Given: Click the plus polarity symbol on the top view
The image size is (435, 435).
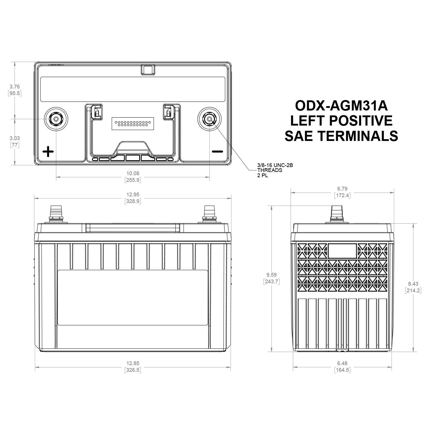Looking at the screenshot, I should click(48, 152).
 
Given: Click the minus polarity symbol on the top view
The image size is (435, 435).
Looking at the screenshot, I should click(217, 151).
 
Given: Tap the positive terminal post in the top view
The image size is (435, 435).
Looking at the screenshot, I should click(56, 119).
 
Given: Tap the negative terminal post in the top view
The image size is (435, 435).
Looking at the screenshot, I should click(209, 119).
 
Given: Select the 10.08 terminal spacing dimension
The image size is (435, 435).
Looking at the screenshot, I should click(133, 173).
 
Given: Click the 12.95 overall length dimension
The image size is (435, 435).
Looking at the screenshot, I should click(133, 195).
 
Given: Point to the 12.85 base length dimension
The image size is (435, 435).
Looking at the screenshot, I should click(133, 363).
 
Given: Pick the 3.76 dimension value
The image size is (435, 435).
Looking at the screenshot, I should click(14, 86).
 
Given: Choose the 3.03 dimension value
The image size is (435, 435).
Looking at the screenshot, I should click(14, 138).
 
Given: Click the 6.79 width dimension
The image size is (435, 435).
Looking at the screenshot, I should click(342, 189).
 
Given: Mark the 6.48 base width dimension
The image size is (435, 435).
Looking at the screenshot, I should click(342, 363).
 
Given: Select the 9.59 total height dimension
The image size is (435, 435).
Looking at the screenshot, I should click(271, 275).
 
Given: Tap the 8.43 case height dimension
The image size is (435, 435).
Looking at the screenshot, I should click(413, 284).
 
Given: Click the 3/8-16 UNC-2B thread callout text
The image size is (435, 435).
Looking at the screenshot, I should click(275, 165).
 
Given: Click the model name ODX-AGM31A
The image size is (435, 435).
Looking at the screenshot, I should click(341, 106).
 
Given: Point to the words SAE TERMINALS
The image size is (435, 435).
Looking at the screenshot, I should click(341, 136).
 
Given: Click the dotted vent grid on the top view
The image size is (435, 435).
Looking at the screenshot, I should click(133, 124).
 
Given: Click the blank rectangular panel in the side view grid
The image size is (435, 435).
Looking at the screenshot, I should click(342, 251).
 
